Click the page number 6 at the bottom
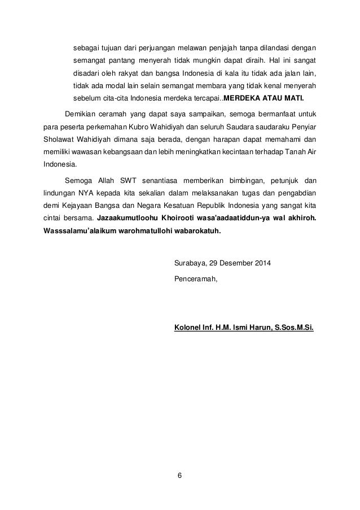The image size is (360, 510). pyautogui.click(x=180, y=473)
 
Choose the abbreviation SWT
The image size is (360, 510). pyautogui.click(x=134, y=181)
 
